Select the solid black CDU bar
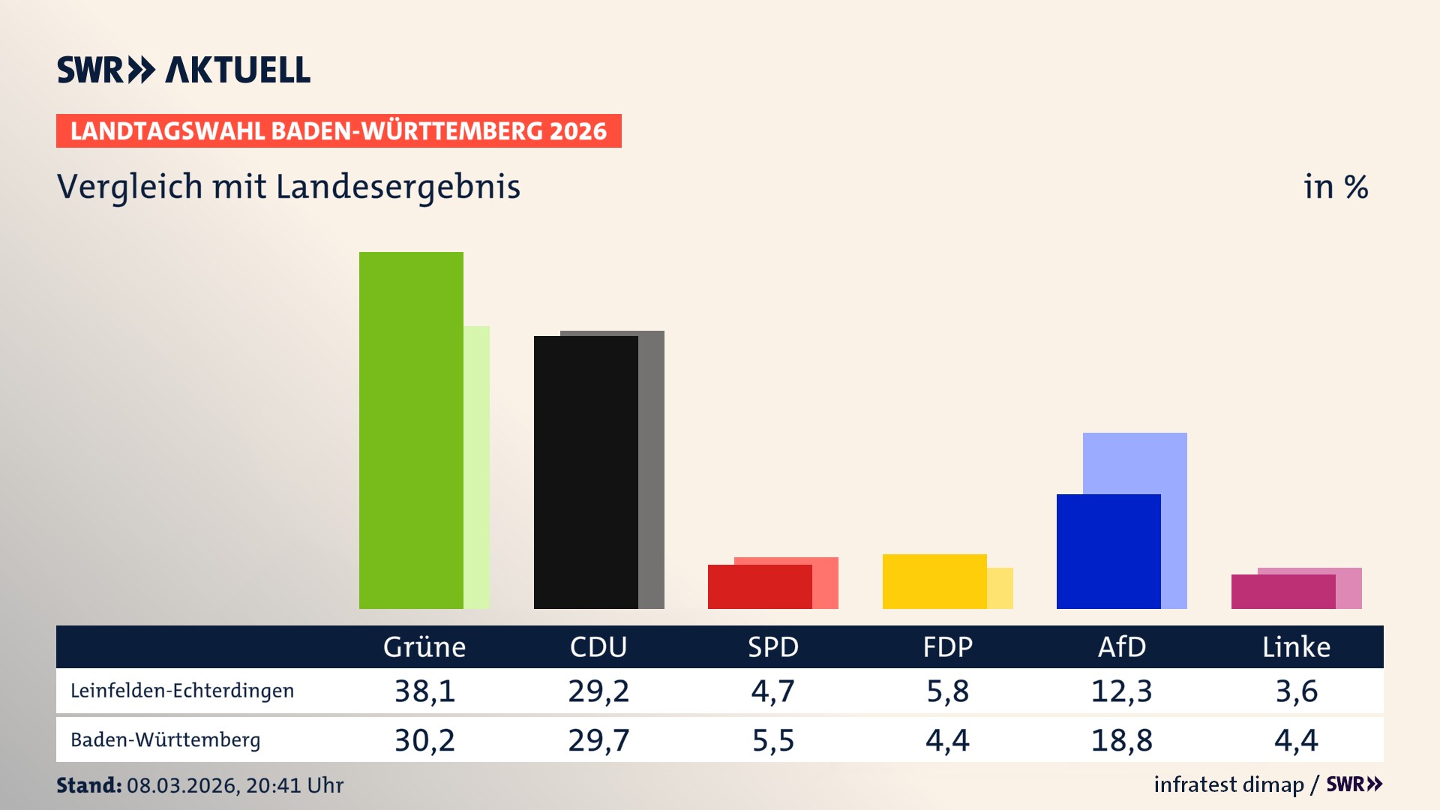click(x=586, y=472)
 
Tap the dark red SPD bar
click(x=760, y=586)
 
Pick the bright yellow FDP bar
click(x=934, y=581)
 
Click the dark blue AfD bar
click(x=1108, y=551)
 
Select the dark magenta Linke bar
click(x=1283, y=592)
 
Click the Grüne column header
click(x=424, y=646)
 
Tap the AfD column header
click(x=1122, y=646)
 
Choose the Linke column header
click(x=1296, y=646)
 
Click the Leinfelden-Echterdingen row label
click(x=182, y=691)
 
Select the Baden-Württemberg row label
click(x=166, y=740)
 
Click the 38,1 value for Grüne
click(x=424, y=691)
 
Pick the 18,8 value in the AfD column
click(x=1122, y=740)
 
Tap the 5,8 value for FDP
click(x=947, y=691)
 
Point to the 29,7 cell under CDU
click(x=598, y=740)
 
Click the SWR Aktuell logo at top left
click(x=184, y=70)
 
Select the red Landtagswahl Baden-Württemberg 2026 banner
click(x=338, y=130)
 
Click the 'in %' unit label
click(x=1336, y=187)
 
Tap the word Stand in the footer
click(x=88, y=785)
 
